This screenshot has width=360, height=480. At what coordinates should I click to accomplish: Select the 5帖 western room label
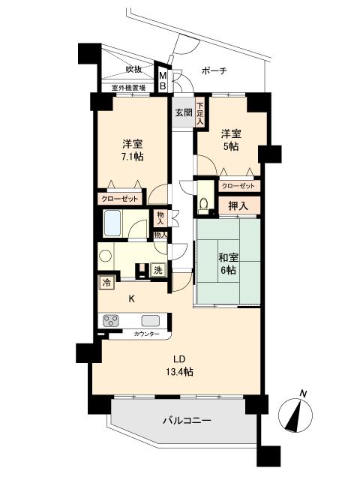230,147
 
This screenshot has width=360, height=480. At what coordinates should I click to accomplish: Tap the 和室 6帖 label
226,264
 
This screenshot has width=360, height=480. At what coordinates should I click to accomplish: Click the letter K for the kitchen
131,298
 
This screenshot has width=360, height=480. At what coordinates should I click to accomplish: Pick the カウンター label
146,333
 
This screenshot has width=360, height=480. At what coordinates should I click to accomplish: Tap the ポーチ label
214,70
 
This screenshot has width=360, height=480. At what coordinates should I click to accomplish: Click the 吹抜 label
133,69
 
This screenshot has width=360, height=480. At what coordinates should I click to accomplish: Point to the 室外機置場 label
128,87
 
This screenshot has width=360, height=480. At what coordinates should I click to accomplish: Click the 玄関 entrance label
184,112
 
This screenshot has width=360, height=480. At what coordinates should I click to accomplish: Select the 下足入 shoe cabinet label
200,112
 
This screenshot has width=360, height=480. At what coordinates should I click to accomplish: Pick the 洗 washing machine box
158,270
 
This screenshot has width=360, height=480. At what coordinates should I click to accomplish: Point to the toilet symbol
204,203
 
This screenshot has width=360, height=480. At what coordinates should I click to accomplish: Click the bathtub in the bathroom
113,224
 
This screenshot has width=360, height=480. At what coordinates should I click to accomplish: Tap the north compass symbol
298,413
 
